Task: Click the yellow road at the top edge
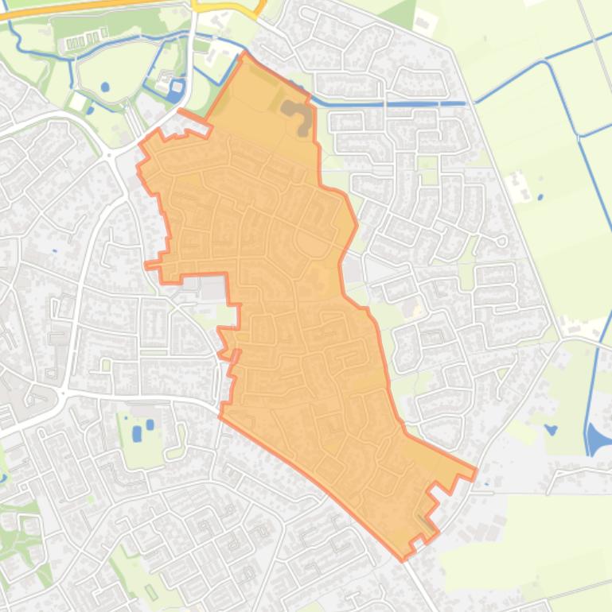click(231, 6)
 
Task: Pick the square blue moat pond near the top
click(176, 90)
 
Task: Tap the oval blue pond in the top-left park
click(105, 87)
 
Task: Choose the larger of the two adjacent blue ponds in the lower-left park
click(137, 434)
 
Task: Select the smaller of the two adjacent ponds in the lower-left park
click(150, 424)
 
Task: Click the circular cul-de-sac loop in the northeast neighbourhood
click(501, 240)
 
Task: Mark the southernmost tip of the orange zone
click(403, 559)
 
